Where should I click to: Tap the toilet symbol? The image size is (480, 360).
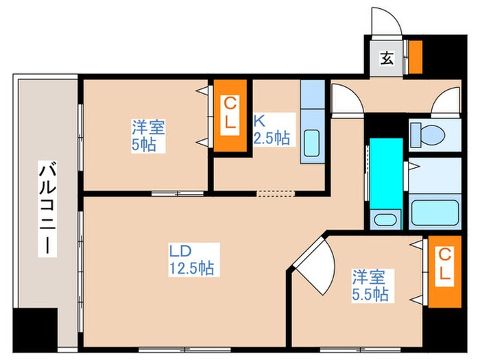(x=426, y=134)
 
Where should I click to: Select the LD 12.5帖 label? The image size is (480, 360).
(x=191, y=259)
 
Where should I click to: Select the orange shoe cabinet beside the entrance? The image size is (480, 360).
(x=415, y=57)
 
